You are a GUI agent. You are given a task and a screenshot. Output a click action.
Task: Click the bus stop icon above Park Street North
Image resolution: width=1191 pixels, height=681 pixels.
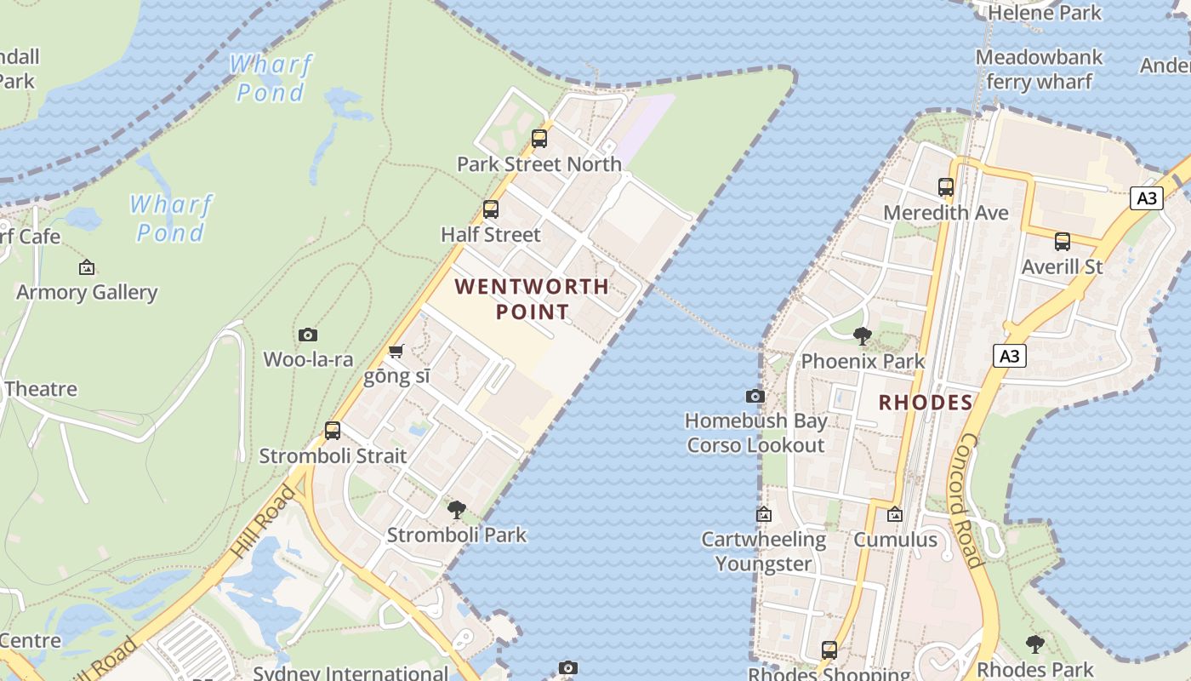click(x=539, y=138)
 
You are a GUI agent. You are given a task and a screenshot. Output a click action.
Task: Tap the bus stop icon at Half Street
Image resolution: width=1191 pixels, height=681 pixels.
click(x=490, y=209)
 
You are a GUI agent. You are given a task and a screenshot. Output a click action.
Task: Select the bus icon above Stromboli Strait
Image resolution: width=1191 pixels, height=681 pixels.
click(x=333, y=431)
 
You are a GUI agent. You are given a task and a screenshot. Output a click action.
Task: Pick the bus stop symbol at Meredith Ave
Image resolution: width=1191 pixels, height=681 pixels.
click(x=945, y=186)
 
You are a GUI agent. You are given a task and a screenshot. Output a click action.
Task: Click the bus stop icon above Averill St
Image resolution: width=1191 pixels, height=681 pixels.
click(x=1062, y=241)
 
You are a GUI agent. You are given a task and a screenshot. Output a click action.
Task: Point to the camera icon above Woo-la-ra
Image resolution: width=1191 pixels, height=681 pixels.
click(x=308, y=335)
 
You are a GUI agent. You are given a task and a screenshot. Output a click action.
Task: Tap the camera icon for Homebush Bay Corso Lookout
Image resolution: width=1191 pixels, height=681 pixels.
click(x=755, y=396)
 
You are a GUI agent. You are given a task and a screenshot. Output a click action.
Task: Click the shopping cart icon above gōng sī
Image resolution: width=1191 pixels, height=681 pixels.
click(x=396, y=351)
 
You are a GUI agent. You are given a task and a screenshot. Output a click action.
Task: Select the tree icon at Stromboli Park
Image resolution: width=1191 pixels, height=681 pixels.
click(x=457, y=510)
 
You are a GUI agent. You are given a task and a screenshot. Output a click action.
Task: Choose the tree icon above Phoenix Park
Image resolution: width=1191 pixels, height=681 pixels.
click(x=863, y=335)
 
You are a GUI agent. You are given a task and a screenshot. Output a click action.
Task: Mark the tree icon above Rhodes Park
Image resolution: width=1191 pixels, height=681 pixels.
click(x=1034, y=644)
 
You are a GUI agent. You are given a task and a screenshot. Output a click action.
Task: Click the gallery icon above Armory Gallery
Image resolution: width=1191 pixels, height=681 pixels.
click(x=87, y=267)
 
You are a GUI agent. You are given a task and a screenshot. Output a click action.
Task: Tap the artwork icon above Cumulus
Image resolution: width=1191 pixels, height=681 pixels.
click(x=894, y=514)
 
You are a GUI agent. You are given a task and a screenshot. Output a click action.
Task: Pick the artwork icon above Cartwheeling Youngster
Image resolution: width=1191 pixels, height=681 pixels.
click(x=763, y=514)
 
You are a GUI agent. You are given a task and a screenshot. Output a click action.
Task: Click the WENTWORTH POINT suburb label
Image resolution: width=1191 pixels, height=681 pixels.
click(x=533, y=299)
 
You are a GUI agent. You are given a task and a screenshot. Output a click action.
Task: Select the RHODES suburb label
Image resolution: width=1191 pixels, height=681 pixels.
click(x=925, y=403)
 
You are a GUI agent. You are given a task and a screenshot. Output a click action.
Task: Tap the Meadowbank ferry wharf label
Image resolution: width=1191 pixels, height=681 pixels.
click(x=1039, y=70)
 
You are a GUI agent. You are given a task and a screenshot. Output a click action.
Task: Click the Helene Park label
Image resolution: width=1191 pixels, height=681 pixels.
click(x=1045, y=13)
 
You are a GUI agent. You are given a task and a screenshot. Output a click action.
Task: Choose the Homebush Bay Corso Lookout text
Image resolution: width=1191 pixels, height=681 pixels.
click(x=755, y=432)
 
